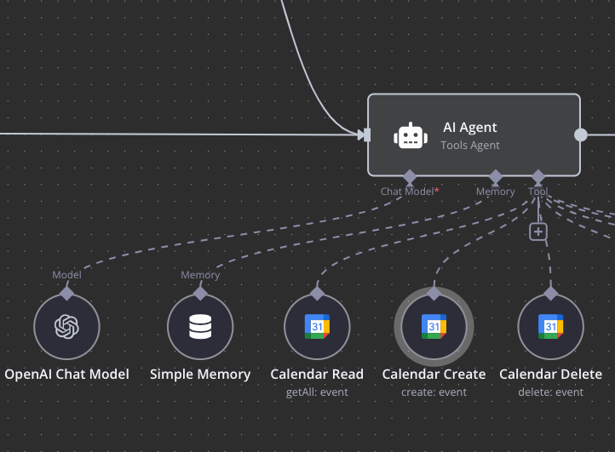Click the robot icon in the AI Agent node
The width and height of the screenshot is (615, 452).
click(411, 135)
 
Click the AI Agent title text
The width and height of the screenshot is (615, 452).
click(469, 128)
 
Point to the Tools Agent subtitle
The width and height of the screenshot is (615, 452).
click(469, 146)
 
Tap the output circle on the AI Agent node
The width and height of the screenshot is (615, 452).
click(581, 134)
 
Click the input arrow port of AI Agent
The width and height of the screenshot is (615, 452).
click(365, 134)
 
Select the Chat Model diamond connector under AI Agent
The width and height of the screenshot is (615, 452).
click(410, 176)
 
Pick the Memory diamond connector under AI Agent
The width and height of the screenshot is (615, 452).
click(496, 176)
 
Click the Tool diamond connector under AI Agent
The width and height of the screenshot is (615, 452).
click(538, 176)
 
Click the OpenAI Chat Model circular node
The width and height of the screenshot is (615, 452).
click(67, 327)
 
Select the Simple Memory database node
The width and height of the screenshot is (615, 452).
click(200, 327)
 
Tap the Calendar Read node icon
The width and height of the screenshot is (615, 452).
click(317, 327)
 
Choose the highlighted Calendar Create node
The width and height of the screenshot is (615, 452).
click(434, 327)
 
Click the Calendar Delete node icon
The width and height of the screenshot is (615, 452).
click(550, 327)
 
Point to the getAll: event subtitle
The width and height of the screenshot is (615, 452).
click(317, 392)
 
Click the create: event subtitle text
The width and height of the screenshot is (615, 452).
click(434, 392)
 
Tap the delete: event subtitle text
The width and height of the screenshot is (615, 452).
click(550, 392)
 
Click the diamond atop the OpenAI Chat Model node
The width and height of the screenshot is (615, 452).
click(67, 293)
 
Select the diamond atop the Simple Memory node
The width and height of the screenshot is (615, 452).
click(200, 293)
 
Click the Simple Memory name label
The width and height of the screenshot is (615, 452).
click(200, 375)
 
